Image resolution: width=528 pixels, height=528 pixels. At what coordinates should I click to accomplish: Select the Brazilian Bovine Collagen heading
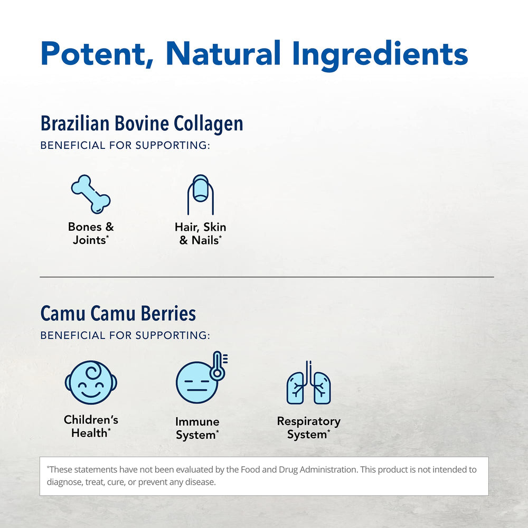(142, 124)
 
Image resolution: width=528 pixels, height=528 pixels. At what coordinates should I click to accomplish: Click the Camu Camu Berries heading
(118, 313)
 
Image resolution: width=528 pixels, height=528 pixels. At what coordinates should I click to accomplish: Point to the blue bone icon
(91, 194)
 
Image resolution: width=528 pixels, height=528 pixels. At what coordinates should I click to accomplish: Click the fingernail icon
(200, 194)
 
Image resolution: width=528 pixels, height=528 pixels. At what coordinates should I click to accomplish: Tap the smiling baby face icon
(91, 383)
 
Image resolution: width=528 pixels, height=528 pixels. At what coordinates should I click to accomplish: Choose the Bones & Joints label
(91, 233)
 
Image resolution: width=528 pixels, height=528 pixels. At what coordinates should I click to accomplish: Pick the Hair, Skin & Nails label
(201, 233)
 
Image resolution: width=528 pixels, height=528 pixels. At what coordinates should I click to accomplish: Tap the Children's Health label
(91, 426)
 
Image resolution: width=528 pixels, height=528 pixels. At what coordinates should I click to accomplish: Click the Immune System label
(197, 428)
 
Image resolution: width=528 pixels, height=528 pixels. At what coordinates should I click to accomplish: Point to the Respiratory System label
(309, 428)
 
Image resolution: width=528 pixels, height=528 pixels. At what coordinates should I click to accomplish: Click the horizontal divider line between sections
(267, 277)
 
